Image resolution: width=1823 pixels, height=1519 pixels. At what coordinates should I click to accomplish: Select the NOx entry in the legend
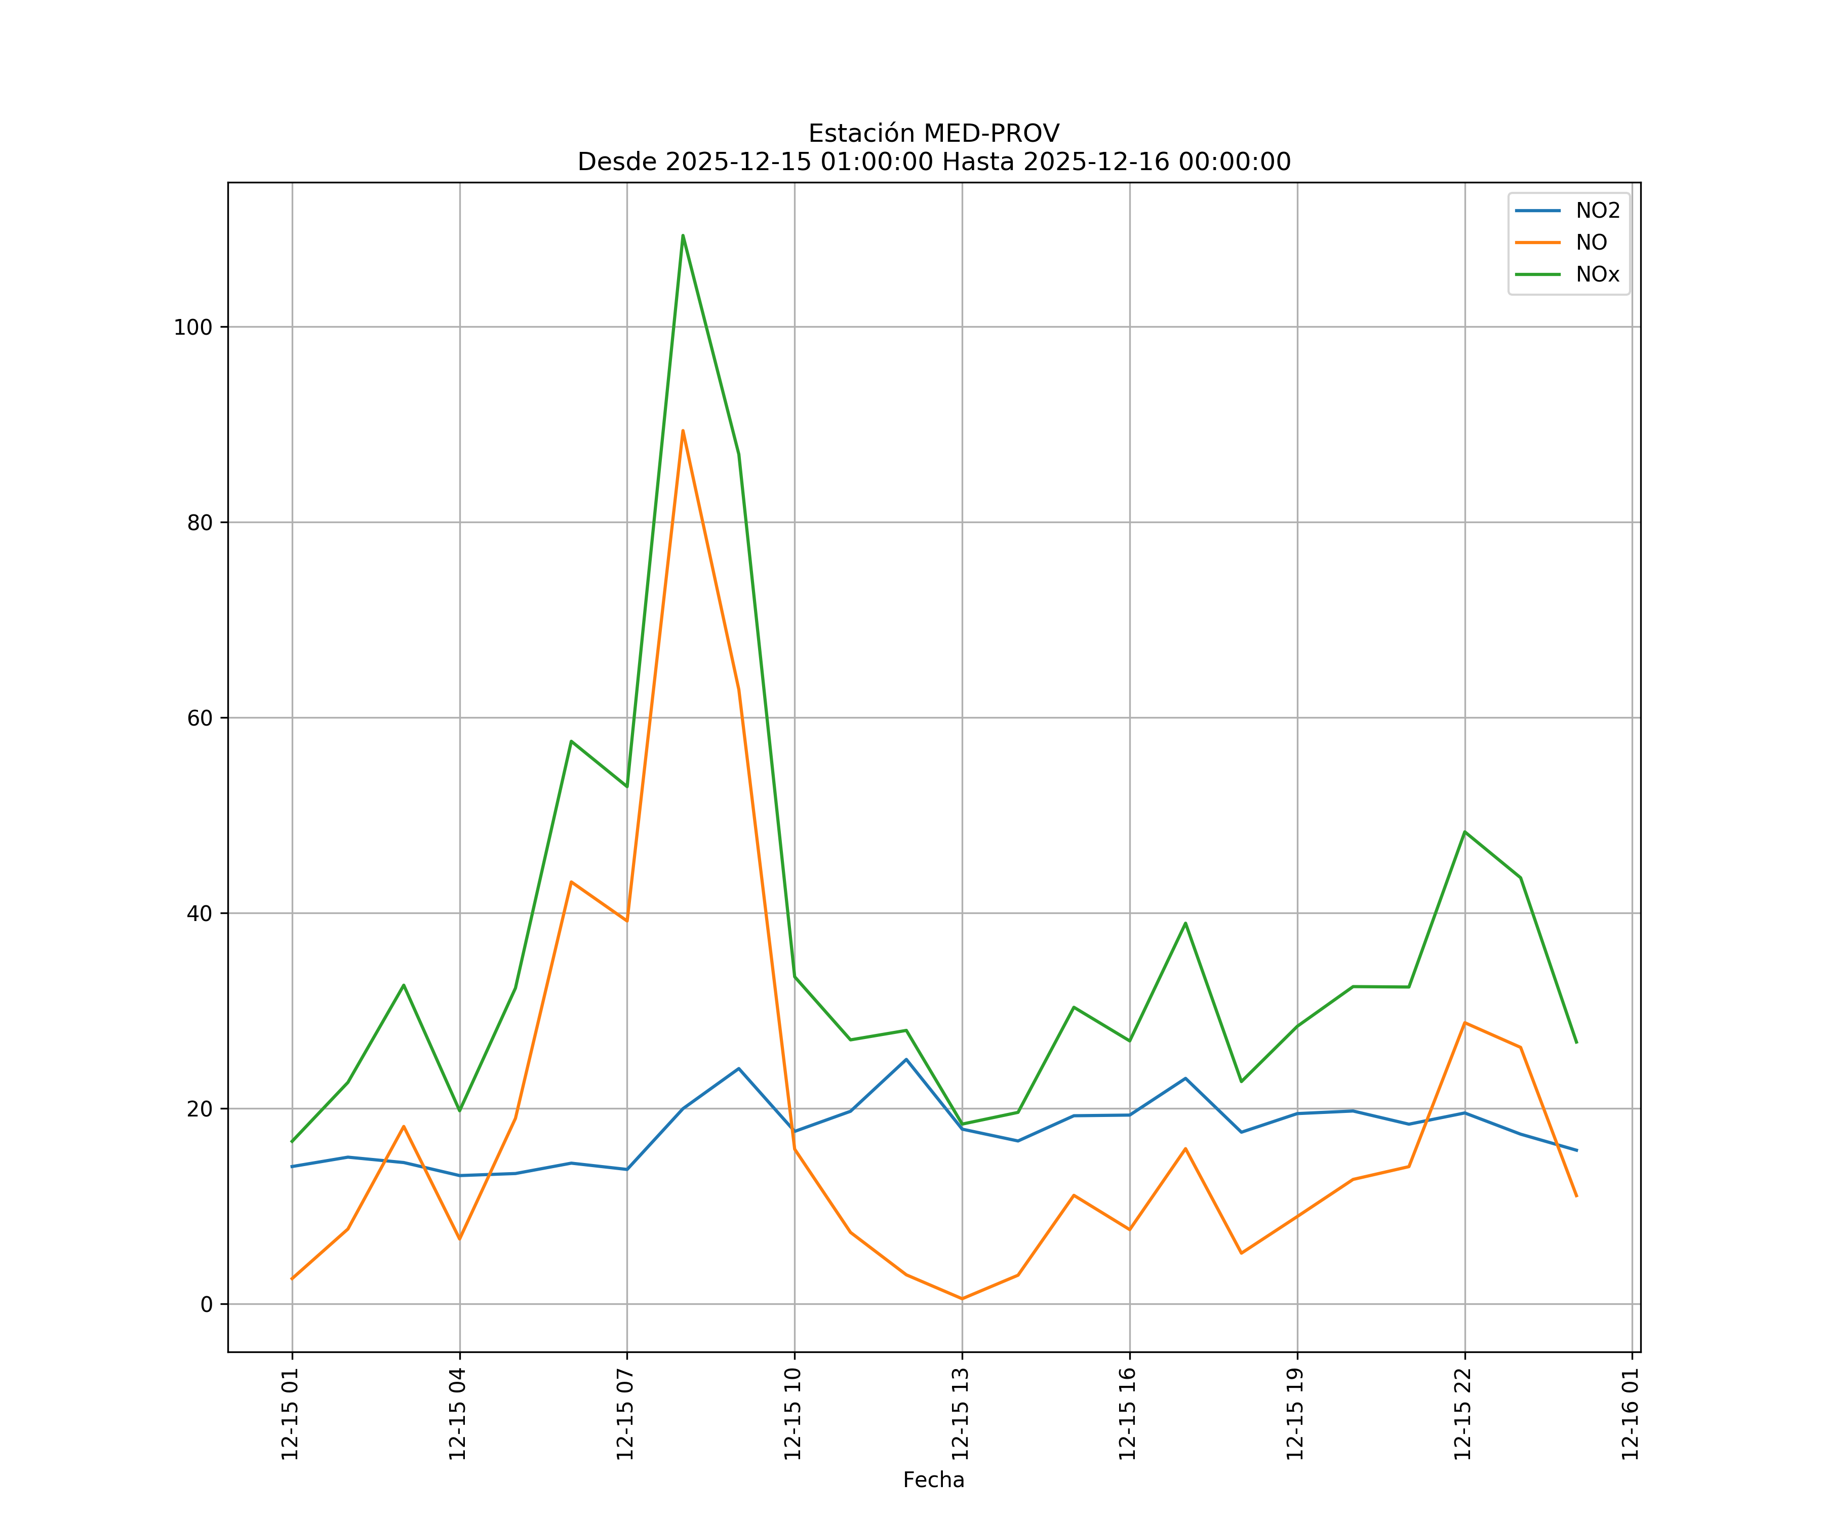(1597, 275)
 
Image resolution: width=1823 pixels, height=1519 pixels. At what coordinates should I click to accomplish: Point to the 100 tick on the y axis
(193, 327)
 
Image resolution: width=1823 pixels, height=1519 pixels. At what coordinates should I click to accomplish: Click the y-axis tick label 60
(200, 718)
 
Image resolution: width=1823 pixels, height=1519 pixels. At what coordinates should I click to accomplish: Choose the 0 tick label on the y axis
(207, 1304)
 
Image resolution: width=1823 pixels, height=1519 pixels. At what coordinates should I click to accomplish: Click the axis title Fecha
(933, 1480)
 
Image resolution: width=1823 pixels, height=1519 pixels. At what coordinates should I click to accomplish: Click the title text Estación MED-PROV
(933, 134)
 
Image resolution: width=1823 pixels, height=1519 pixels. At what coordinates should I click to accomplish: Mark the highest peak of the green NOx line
(683, 235)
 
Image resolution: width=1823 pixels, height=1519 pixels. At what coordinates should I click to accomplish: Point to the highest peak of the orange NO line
(683, 430)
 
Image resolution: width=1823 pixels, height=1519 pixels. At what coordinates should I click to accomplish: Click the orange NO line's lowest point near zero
(962, 1299)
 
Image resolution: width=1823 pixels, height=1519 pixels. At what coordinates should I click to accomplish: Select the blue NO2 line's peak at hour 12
(906, 1059)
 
